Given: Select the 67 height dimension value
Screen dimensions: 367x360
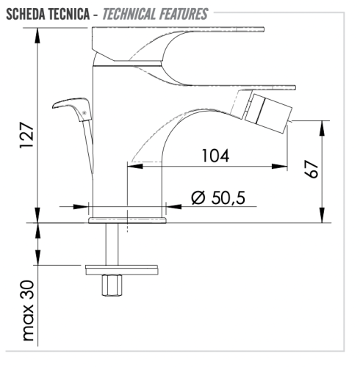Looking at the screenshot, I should [312, 170].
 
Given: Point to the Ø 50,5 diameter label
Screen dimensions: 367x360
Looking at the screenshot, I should [217, 198].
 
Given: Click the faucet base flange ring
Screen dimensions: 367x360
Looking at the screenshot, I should [127, 219].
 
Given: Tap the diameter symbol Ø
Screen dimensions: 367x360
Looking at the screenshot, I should [197, 198].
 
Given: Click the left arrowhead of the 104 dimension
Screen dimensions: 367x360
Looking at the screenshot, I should [132, 166].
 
